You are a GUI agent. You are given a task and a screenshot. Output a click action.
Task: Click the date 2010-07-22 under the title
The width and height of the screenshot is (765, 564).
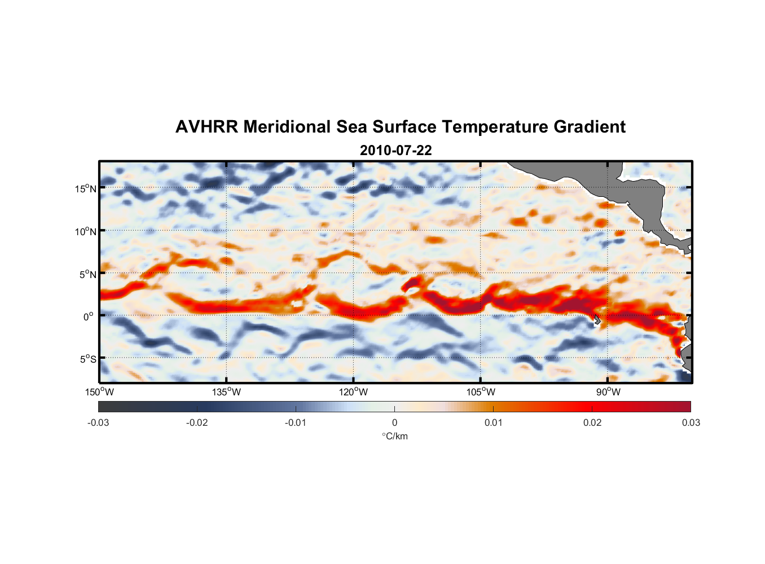click(395, 151)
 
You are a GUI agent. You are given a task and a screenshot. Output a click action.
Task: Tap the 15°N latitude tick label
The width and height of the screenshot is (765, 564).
click(85, 188)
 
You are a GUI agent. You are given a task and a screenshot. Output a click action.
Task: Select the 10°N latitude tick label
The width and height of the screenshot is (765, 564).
click(85, 231)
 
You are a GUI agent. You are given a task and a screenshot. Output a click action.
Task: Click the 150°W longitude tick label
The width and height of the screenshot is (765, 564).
click(99, 392)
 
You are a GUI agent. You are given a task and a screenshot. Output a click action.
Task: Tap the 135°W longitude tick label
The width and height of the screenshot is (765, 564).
click(226, 392)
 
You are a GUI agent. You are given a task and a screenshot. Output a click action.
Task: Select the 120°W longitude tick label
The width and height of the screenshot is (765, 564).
click(353, 392)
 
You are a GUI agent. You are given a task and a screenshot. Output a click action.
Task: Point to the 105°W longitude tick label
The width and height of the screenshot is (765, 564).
click(481, 392)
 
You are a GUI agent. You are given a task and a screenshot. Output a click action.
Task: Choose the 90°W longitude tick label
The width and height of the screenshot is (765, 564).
click(608, 392)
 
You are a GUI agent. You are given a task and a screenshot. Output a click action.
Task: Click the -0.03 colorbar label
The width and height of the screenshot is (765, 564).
click(98, 422)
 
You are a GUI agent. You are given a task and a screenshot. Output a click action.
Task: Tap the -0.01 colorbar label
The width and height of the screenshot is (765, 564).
click(296, 422)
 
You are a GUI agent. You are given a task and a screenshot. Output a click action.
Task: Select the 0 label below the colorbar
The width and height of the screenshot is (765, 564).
click(394, 422)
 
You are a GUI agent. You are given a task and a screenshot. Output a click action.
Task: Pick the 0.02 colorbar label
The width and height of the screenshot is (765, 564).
click(592, 422)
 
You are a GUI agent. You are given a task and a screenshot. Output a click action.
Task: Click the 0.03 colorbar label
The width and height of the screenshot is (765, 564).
click(691, 422)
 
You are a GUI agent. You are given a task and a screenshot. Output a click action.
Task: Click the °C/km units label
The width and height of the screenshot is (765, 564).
click(394, 436)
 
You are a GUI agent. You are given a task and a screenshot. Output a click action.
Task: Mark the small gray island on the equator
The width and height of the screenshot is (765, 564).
click(597, 319)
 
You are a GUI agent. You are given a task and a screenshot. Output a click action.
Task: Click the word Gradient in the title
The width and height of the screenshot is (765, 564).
click(590, 127)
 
